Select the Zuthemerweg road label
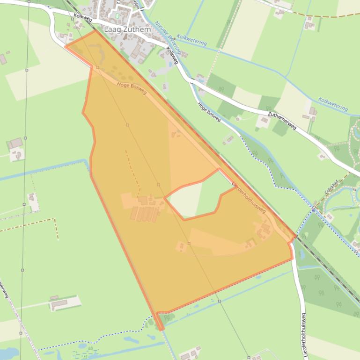[282, 121]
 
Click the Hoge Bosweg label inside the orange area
[132, 88]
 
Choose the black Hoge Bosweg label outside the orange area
[209, 112]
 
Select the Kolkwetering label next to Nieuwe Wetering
[192, 40]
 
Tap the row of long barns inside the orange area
[145, 214]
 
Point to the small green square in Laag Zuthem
[117, 16]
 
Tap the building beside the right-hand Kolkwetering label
[312, 112]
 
